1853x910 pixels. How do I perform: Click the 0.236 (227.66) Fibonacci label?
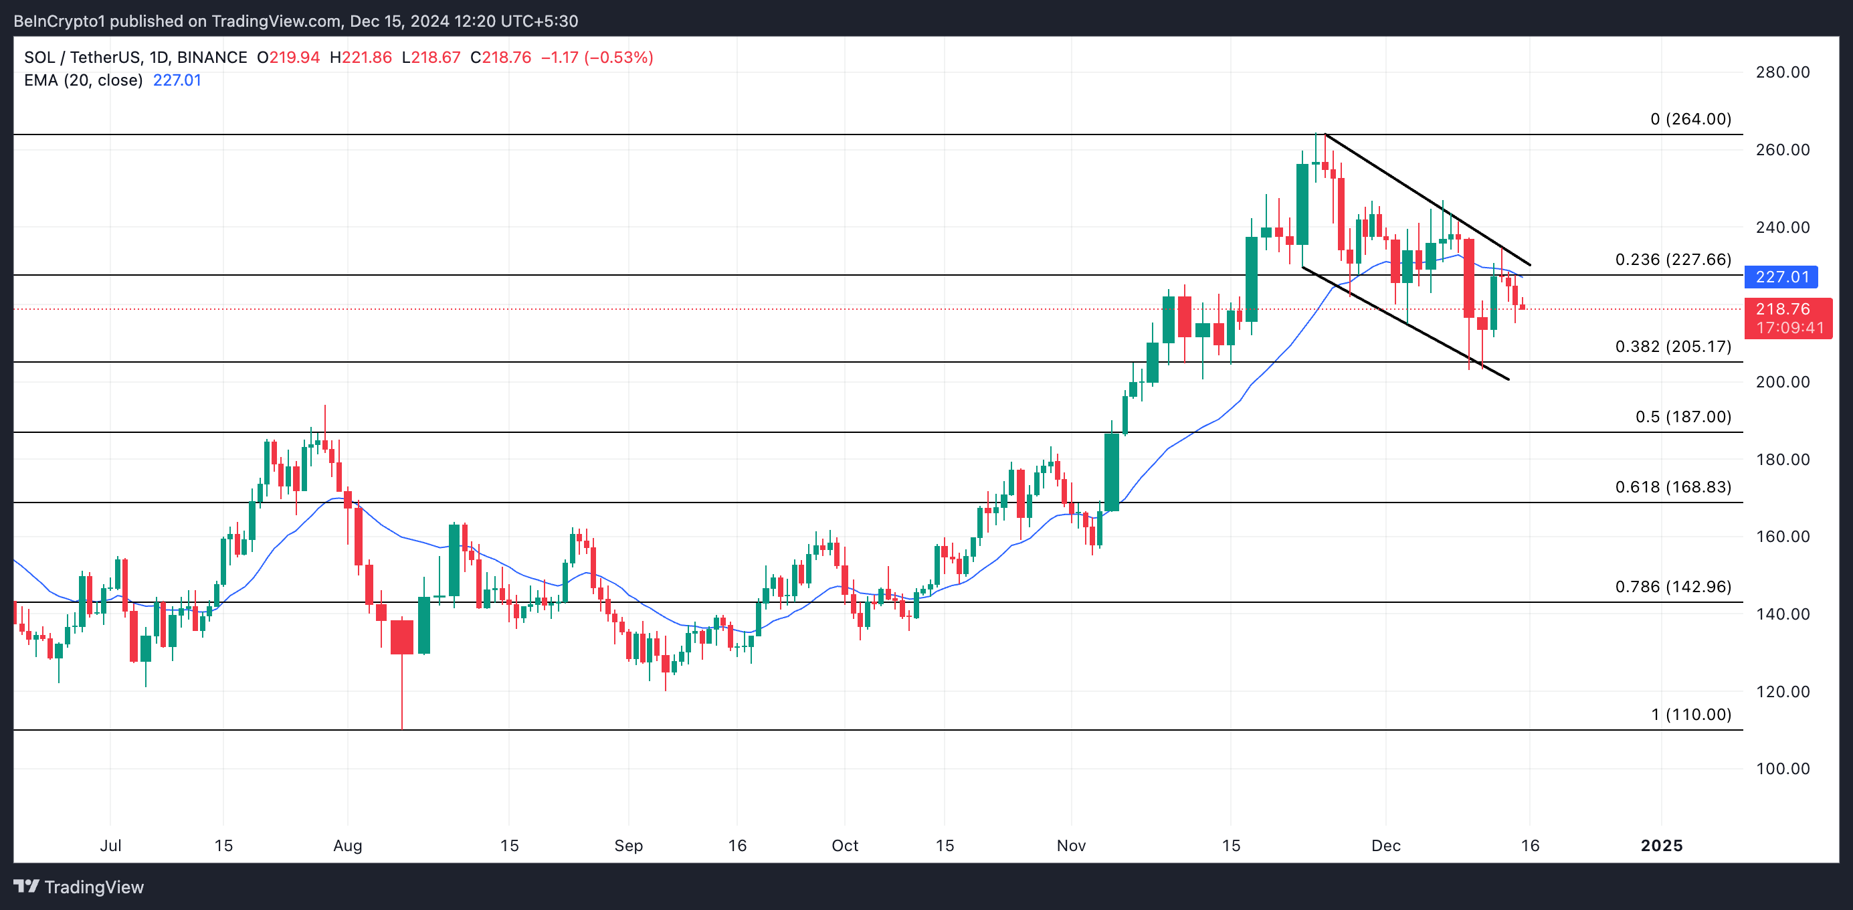[1672, 259]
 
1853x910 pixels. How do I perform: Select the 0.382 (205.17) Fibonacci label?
[1672, 346]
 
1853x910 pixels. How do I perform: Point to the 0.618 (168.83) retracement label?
[1672, 487]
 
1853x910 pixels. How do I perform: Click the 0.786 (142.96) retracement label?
[1672, 586]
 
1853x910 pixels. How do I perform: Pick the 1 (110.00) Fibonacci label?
[1690, 715]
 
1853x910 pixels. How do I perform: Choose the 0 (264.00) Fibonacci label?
[1690, 118]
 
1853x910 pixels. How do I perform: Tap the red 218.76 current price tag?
[1787, 310]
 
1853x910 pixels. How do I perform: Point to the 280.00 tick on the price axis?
[1783, 72]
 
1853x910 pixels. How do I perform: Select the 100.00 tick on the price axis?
[1783, 768]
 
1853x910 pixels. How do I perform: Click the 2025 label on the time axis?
[1661, 845]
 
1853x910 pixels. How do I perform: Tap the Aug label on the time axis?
[347, 845]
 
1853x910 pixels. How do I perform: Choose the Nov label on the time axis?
[1070, 845]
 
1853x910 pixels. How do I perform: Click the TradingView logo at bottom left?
[79, 887]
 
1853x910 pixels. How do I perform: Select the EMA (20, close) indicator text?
[84, 80]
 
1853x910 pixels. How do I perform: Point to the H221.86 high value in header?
[361, 58]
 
